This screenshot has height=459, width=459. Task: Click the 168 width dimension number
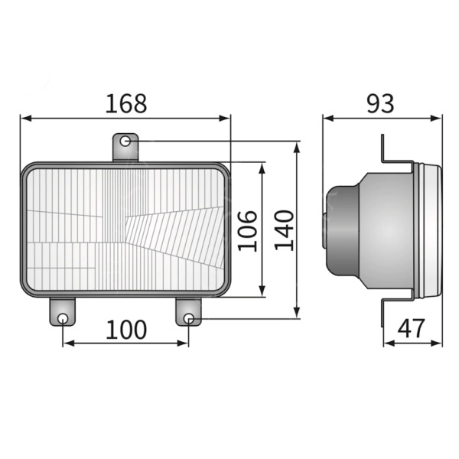point(125,103)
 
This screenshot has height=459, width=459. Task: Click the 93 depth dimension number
point(379,103)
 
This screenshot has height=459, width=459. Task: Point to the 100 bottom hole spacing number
point(125,330)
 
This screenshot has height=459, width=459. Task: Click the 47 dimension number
point(412,329)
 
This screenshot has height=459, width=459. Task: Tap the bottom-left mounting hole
point(63,318)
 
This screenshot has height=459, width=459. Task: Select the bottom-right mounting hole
point(188,318)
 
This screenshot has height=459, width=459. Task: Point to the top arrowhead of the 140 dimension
point(298,145)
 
